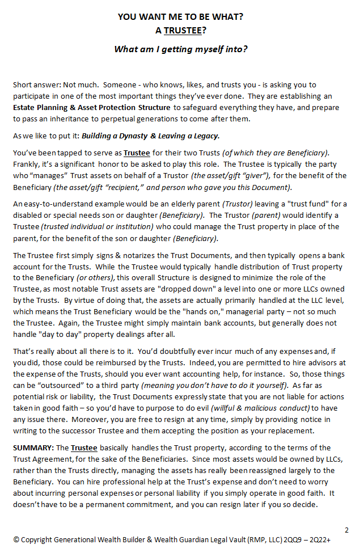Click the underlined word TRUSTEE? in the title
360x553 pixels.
183,31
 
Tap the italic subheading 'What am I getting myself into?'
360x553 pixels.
180,49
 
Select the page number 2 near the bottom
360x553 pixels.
346,530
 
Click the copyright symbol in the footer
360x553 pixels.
16,540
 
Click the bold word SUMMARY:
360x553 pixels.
33,448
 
